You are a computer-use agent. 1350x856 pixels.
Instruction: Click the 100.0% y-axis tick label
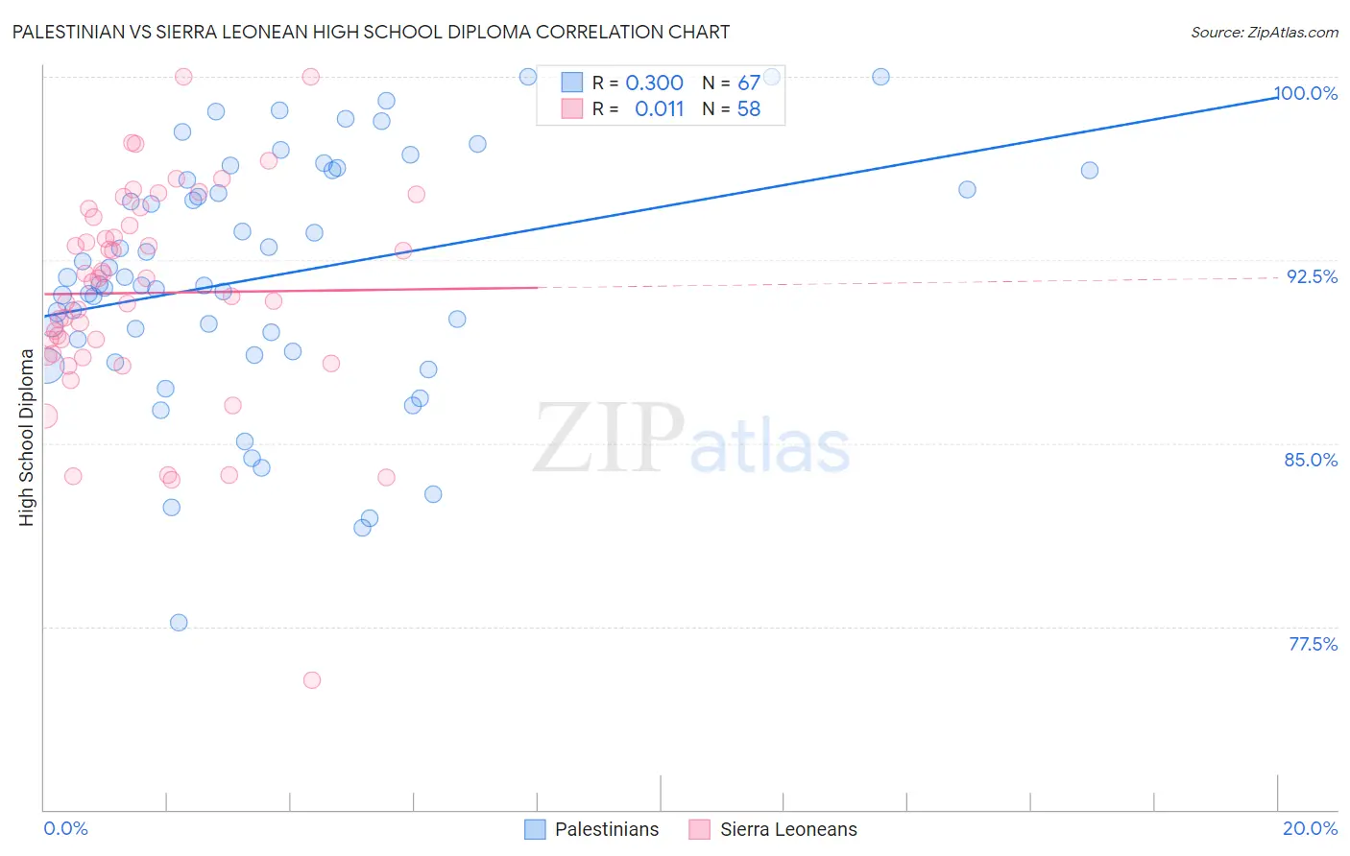tap(1306, 93)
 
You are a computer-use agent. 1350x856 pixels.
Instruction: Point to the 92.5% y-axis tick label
tap(1312, 276)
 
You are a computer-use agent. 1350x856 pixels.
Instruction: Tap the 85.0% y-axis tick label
tap(1311, 460)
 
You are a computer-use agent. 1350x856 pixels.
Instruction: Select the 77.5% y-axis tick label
tap(1313, 644)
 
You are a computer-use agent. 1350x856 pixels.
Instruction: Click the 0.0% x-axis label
tap(65, 828)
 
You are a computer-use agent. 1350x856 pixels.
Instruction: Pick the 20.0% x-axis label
tap(1310, 828)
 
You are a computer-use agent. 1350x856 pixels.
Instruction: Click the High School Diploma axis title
tap(27, 438)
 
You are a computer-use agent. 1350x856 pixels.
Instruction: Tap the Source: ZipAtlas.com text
tap(1264, 32)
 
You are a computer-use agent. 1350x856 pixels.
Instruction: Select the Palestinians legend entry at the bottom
tap(607, 829)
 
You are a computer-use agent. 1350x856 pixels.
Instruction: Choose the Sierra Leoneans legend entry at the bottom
tap(788, 829)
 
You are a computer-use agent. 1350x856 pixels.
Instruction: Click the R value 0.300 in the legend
tap(654, 83)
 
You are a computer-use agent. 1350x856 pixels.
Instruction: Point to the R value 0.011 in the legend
tap(659, 109)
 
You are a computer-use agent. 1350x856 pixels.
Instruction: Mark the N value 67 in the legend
tap(749, 83)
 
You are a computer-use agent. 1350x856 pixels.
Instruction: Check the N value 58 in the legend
tap(749, 109)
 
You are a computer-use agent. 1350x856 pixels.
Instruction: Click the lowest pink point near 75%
tap(312, 680)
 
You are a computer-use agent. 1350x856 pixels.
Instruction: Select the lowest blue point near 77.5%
tap(179, 623)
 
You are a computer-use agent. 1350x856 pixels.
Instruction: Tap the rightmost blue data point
tap(1090, 171)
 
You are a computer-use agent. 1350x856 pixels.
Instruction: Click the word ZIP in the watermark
tap(608, 439)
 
